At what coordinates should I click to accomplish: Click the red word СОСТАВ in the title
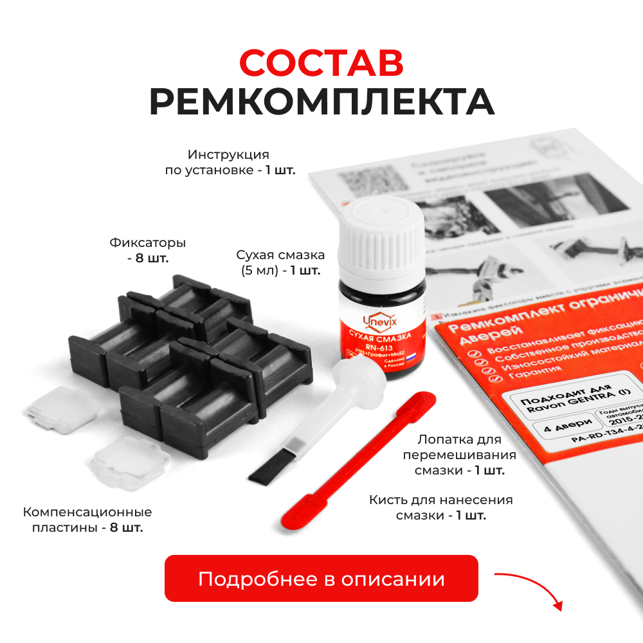point(321,62)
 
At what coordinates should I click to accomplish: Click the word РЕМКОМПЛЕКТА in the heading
point(321,102)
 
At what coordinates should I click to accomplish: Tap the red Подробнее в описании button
point(321,578)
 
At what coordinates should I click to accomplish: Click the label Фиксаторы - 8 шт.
point(148,251)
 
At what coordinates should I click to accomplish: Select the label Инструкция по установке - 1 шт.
point(228,163)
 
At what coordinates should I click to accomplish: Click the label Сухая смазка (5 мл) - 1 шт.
point(280,262)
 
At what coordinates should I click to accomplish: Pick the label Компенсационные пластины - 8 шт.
point(87,520)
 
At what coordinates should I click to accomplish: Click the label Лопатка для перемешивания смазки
point(459,455)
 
